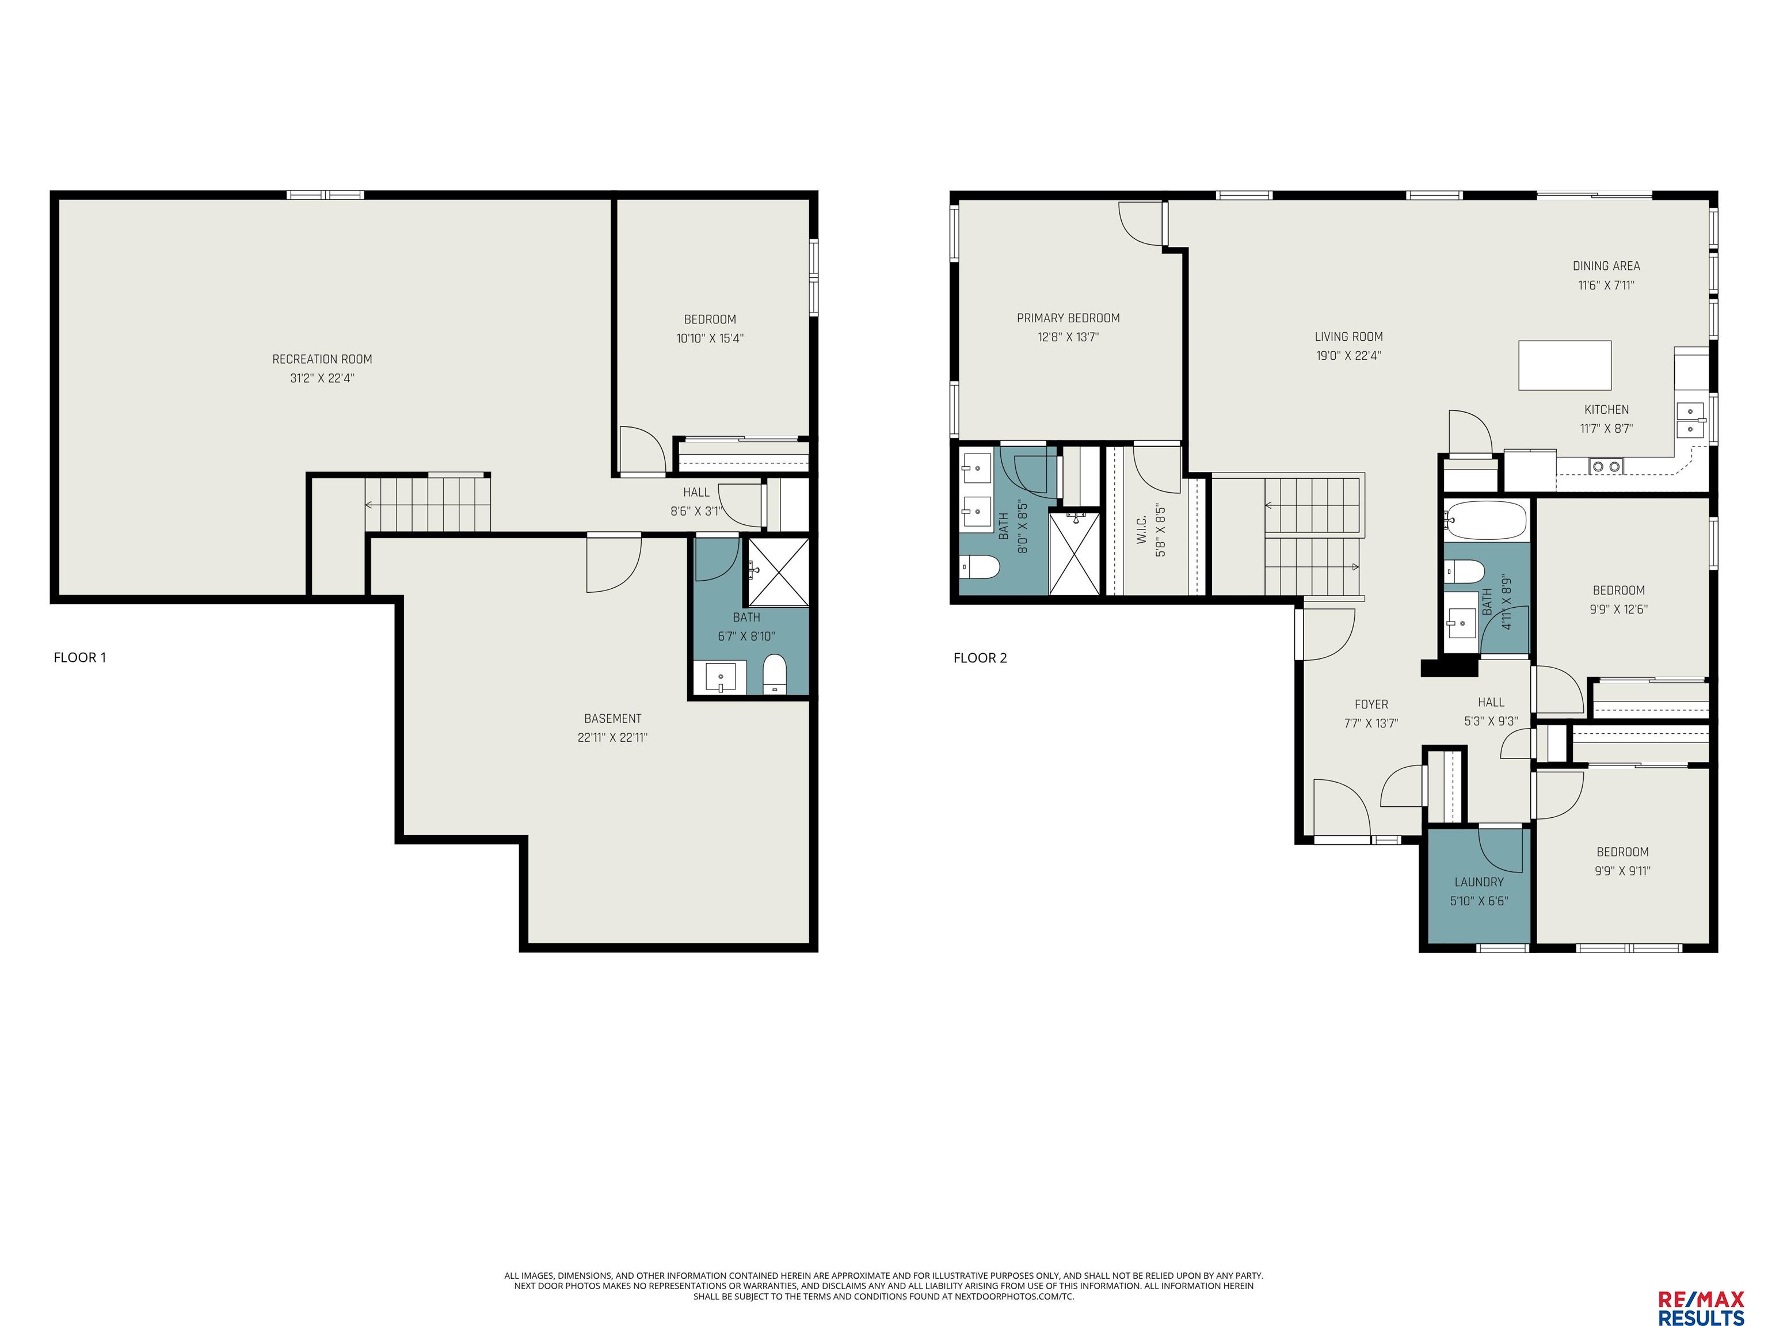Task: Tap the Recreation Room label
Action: click(322, 360)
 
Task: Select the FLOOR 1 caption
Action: click(80, 658)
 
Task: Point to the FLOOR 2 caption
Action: click(980, 658)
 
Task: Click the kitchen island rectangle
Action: click(1564, 365)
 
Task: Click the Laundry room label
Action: click(1479, 882)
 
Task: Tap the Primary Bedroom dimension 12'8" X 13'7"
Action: click(1068, 337)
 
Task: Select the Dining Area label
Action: click(1606, 266)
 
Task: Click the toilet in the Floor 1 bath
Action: click(775, 675)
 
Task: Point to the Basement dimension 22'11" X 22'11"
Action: click(612, 738)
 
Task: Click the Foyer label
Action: click(1371, 704)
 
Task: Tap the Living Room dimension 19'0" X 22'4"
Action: click(1348, 356)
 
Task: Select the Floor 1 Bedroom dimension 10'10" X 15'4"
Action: click(710, 338)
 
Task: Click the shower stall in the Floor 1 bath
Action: click(778, 571)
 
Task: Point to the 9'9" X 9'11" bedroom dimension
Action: click(1622, 871)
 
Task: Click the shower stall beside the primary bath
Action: click(1074, 553)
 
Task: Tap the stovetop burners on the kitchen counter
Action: click(1606, 466)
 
